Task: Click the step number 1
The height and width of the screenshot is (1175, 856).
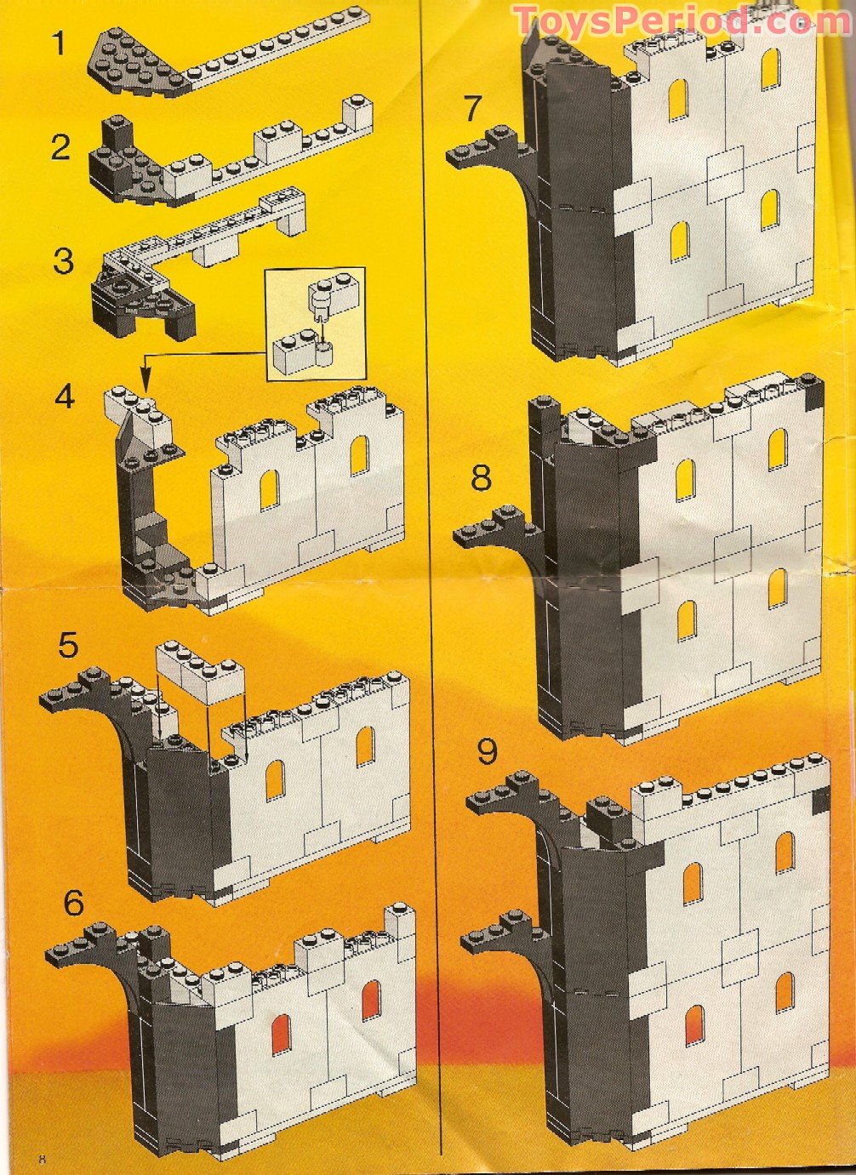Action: pyautogui.click(x=58, y=42)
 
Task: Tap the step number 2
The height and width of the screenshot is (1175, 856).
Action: pyautogui.click(x=60, y=147)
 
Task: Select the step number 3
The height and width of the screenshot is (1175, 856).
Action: pyautogui.click(x=63, y=260)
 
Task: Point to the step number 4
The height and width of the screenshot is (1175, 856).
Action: pyautogui.click(x=66, y=396)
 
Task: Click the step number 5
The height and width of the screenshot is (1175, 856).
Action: pyautogui.click(x=68, y=645)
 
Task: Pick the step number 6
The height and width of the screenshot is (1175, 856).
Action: pyautogui.click(x=74, y=902)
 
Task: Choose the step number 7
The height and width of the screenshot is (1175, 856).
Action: pyautogui.click(x=473, y=108)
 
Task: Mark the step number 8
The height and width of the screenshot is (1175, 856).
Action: pyautogui.click(x=481, y=477)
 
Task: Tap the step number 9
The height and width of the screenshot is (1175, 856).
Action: pyautogui.click(x=487, y=751)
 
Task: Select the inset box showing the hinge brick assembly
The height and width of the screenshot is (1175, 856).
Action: pyautogui.click(x=316, y=323)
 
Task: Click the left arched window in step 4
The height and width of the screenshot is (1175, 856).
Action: pyautogui.click(x=269, y=488)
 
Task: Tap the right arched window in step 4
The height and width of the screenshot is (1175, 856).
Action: pyautogui.click(x=359, y=455)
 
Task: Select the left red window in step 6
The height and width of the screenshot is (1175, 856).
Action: pyautogui.click(x=281, y=1034)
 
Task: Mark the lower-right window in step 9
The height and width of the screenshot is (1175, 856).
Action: pyautogui.click(x=784, y=991)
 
